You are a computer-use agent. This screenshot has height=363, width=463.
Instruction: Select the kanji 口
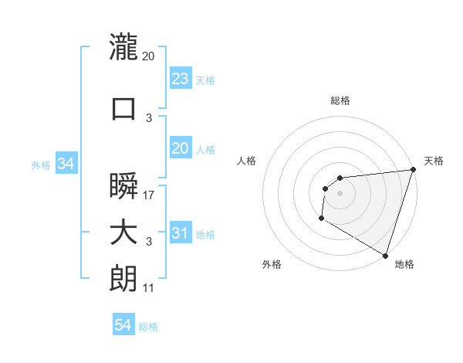(123, 108)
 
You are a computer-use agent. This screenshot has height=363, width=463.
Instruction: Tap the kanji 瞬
(123, 187)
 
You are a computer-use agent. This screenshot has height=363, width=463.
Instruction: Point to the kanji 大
(123, 233)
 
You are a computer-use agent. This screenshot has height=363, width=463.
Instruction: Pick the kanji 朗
(123, 280)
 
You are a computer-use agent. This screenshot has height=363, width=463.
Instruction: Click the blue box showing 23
(180, 79)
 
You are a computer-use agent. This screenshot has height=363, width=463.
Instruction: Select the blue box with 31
(180, 233)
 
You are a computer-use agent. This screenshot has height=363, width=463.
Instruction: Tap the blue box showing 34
(66, 164)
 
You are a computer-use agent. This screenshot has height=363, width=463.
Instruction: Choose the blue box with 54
(123, 326)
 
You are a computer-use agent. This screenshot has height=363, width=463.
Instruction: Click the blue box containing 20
(180, 148)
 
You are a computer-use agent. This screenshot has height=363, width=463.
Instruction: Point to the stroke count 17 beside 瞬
(149, 195)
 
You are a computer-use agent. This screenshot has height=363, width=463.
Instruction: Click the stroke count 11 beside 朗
(149, 289)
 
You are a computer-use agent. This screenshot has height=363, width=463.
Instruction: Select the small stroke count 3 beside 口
(149, 118)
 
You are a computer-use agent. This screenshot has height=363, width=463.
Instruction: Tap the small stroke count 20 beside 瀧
(149, 56)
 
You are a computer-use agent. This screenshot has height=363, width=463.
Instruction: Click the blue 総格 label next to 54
(148, 327)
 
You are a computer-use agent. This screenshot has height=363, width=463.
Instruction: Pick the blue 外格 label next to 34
(41, 165)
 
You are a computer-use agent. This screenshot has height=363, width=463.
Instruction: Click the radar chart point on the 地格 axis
(384, 255)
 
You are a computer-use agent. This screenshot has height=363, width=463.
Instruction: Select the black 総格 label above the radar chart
(340, 101)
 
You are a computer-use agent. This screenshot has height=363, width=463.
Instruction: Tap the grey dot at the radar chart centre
(340, 194)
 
